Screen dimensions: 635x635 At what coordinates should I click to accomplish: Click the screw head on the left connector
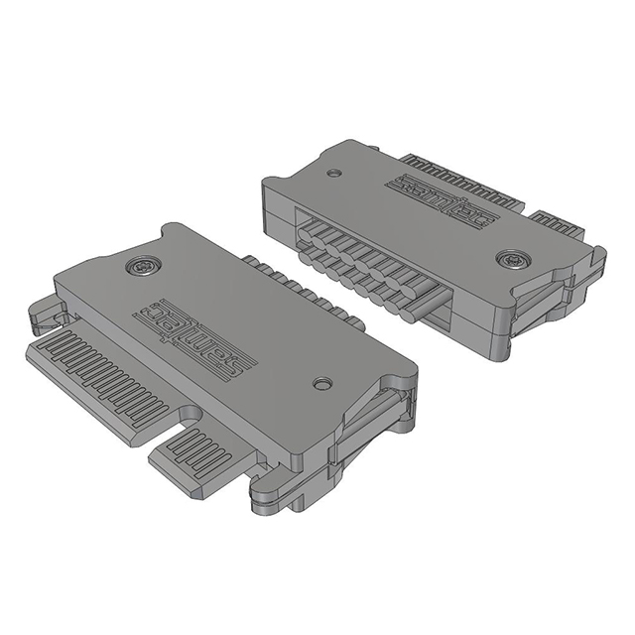pyautogui.click(x=143, y=267)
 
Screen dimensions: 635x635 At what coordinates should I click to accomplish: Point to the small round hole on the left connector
pyautogui.click(x=322, y=384)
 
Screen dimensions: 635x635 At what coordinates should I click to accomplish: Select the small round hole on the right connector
pyautogui.click(x=333, y=173)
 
